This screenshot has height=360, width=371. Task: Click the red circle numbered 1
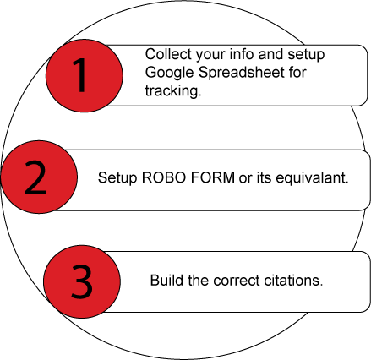point(85,75)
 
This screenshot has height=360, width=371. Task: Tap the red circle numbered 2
point(39,177)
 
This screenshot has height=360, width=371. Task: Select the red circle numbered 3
point(82,281)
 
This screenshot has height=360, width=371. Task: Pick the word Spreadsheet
point(242,73)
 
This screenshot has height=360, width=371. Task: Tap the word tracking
point(173,91)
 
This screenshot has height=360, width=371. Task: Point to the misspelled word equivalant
point(312,178)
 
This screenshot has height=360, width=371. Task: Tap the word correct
point(237,281)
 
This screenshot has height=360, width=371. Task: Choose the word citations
point(293,281)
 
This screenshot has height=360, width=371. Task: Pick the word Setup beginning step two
point(117,178)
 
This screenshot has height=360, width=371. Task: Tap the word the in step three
point(198,281)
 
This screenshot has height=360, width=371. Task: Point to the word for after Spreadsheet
point(297,73)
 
